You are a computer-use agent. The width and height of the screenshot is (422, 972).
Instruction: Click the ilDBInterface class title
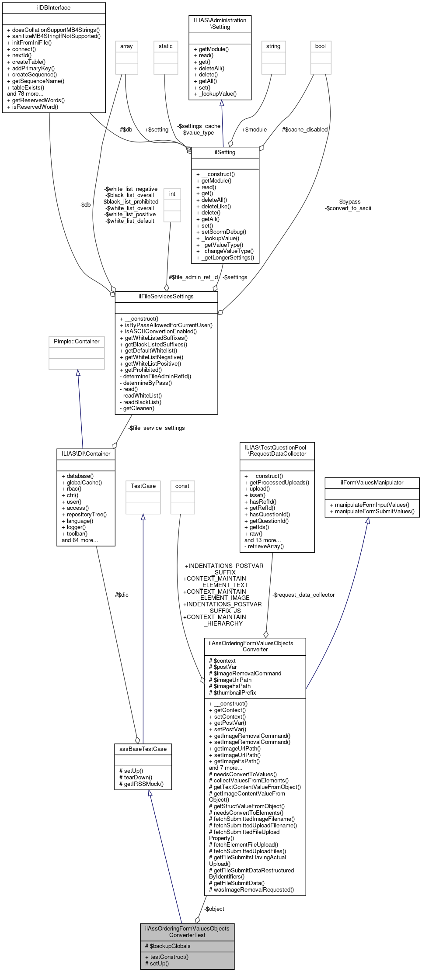(54, 8)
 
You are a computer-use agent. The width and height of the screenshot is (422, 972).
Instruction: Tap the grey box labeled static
(166, 46)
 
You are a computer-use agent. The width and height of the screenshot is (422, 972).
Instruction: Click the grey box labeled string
(273, 46)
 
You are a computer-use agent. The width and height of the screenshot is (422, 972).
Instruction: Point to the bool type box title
(321, 46)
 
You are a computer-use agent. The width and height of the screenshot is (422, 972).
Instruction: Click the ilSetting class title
(225, 152)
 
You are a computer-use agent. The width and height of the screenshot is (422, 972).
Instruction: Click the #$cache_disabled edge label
(305, 130)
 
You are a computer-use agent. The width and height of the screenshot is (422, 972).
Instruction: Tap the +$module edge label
(254, 130)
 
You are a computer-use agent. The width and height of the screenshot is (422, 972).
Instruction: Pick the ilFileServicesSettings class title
(166, 297)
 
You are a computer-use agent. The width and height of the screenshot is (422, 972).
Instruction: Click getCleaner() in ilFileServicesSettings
(139, 408)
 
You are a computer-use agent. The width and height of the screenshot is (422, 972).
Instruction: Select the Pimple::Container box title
(77, 342)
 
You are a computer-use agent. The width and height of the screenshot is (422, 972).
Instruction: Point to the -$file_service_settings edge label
(157, 428)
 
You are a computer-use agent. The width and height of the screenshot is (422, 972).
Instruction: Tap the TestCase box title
(143, 486)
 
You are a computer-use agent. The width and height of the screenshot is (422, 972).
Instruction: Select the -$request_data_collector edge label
(303, 595)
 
